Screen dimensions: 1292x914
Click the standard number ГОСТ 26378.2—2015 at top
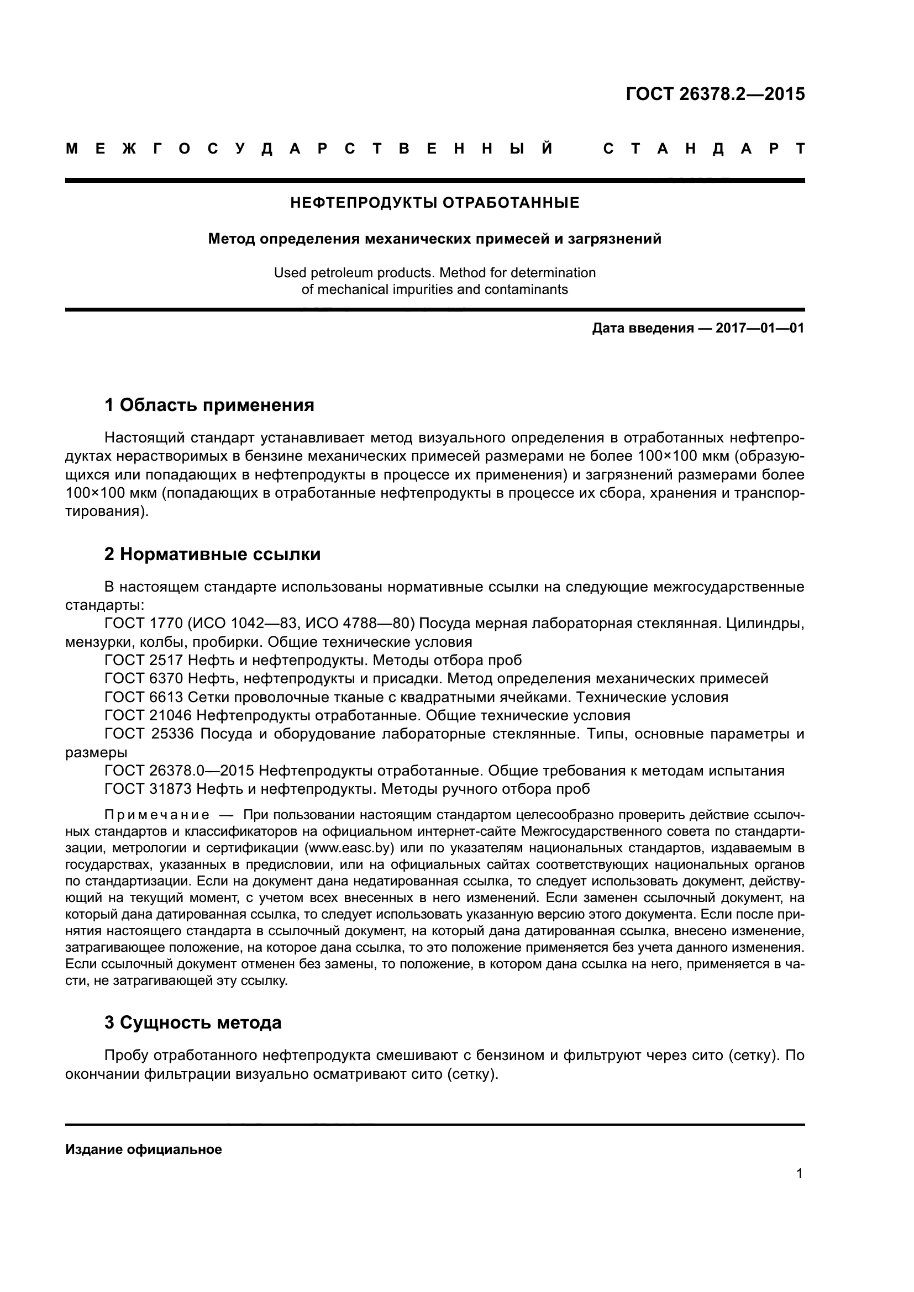(715, 94)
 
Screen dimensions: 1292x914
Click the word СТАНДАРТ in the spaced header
(703, 149)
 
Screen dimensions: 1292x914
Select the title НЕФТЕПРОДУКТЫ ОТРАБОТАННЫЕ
(434, 203)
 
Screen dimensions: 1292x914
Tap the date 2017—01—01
(760, 328)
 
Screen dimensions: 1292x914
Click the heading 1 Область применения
(209, 404)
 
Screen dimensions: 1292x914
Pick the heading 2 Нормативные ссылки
(212, 554)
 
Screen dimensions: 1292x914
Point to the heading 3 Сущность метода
(192, 1022)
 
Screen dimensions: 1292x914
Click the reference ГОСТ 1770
(144, 624)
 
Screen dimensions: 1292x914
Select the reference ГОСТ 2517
(144, 660)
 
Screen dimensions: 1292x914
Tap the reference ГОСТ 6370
(144, 679)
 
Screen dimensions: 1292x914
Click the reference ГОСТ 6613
(144, 697)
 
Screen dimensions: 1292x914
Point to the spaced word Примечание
(157, 815)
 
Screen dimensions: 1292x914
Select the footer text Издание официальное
(144, 1149)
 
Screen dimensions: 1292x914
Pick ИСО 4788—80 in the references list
(356, 624)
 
